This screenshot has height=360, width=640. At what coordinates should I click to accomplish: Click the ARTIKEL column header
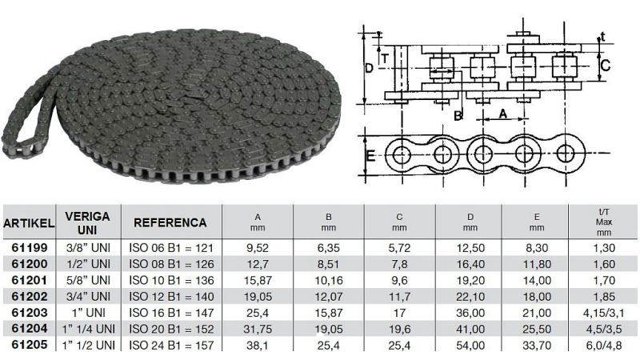[29, 223]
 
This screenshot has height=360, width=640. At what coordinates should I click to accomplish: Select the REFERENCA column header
[170, 222]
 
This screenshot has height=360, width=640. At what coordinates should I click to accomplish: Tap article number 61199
[30, 247]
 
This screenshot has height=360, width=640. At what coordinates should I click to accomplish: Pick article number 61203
[30, 313]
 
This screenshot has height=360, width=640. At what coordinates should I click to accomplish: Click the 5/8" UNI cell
[88, 280]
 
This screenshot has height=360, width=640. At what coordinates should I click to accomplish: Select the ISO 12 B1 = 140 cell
[171, 296]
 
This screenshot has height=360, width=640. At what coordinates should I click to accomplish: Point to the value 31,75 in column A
[258, 329]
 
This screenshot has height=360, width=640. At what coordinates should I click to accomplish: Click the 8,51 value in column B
[329, 264]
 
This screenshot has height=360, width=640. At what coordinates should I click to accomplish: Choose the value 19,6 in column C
[399, 329]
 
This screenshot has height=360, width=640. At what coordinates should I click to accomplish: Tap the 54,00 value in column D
[470, 346]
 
